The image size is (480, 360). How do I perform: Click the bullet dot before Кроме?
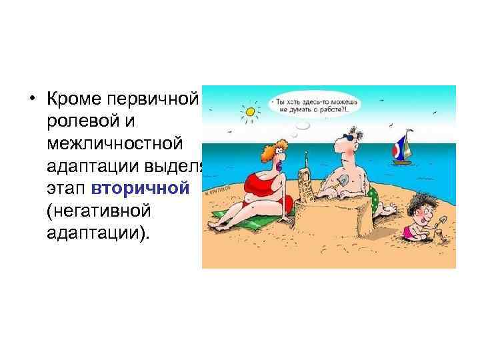(31, 99)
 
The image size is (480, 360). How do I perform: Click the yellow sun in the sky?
(250, 111)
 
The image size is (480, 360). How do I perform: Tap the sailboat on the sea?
(401, 149)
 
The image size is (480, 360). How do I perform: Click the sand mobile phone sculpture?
(305, 180)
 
